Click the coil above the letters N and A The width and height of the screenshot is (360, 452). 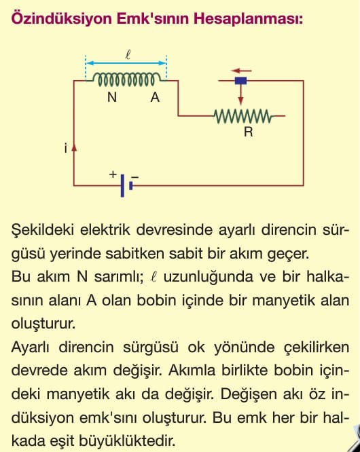tap(127, 79)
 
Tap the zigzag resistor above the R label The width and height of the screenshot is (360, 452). tap(243, 116)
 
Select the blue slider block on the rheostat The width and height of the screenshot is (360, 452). tap(240, 81)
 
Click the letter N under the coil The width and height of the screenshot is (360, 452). tap(112, 98)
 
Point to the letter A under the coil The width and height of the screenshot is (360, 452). tap(155, 98)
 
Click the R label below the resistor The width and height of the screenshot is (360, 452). tap(249, 132)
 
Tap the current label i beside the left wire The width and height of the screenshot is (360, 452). tap(66, 148)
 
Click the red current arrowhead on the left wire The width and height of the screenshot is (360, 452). tap(74, 147)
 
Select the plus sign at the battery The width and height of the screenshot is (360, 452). tap(113, 174)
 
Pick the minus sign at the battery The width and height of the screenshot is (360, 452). tap(135, 176)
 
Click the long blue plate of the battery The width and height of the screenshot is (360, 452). tap(122, 185)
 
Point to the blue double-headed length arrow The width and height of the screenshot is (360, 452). tap(126, 63)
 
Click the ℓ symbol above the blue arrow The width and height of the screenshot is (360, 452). tap(128, 54)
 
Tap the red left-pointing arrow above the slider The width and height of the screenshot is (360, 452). tap(241, 71)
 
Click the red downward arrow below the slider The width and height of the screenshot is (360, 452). tap(240, 95)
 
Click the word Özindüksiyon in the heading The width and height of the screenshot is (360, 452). tap(61, 19)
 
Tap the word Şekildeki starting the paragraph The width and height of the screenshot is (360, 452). tap(43, 230)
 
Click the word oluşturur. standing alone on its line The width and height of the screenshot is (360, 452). tap(43, 324)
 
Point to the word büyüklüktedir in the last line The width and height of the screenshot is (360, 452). tap(127, 440)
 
